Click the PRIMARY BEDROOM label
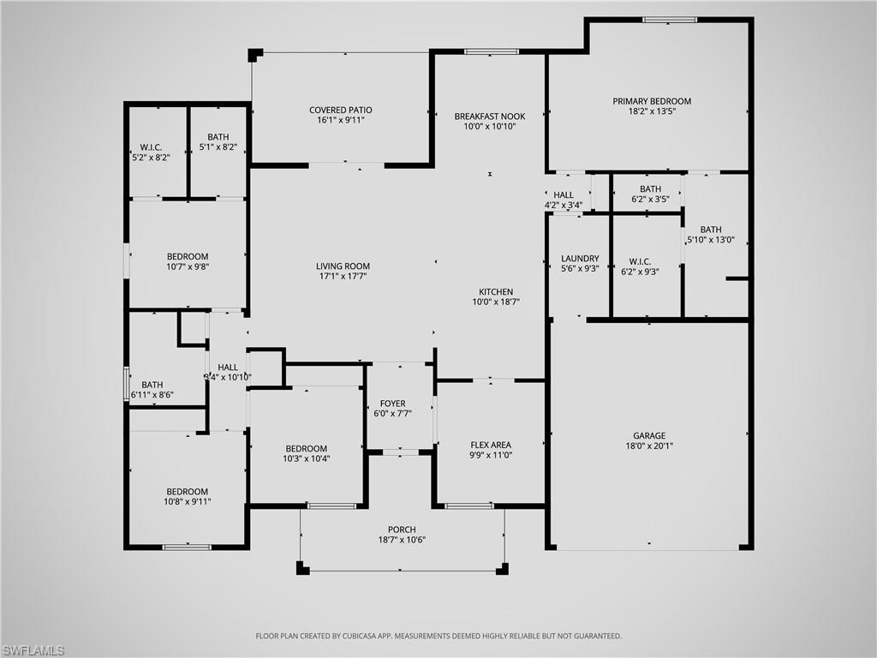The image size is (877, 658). click(x=652, y=101)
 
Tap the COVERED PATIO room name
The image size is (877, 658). click(x=341, y=110)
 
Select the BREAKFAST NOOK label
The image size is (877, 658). click(x=490, y=116)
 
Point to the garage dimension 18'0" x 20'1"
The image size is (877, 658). click(x=649, y=446)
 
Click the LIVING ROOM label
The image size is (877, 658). click(x=343, y=266)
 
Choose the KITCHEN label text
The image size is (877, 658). click(x=496, y=291)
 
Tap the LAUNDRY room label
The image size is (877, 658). click(x=580, y=259)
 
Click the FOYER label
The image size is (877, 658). click(x=393, y=404)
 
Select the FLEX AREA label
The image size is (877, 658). click(x=491, y=445)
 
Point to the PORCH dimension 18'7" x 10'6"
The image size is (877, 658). click(x=402, y=540)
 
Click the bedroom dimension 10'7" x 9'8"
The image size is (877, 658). click(x=187, y=266)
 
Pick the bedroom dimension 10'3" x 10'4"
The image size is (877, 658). click(x=307, y=459)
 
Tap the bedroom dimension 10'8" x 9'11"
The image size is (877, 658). click(x=187, y=502)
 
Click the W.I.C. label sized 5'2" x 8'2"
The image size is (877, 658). click(x=151, y=158)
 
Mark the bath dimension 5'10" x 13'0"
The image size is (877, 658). click(x=711, y=240)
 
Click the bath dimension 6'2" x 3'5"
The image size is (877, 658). click(x=650, y=200)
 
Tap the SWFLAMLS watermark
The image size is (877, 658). click(x=33, y=650)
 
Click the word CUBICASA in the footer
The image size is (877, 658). click(x=359, y=637)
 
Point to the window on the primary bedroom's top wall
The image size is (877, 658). click(x=670, y=19)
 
